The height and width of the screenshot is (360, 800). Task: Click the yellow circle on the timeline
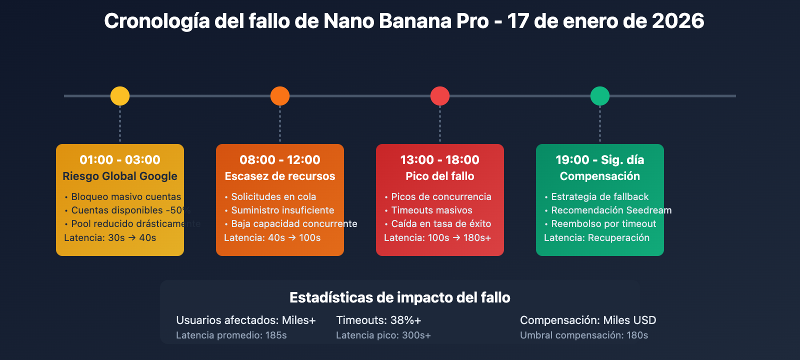pyautogui.click(x=120, y=96)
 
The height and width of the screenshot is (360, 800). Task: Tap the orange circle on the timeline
pyautogui.click(x=280, y=96)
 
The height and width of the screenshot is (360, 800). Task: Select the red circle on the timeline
pyautogui.click(x=440, y=96)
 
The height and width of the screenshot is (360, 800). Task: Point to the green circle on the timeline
pyautogui.click(x=600, y=96)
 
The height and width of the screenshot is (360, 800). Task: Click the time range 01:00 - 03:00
pyautogui.click(x=120, y=160)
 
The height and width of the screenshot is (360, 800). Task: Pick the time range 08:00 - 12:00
pyautogui.click(x=280, y=160)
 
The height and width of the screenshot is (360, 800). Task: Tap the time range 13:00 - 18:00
pyautogui.click(x=440, y=160)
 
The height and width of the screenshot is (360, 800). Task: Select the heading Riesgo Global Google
pyautogui.click(x=120, y=176)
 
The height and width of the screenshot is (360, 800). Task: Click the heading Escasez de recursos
pyautogui.click(x=280, y=176)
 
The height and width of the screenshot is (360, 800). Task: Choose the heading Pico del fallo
pyautogui.click(x=440, y=176)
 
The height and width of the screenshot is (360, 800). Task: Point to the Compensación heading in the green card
pyautogui.click(x=600, y=176)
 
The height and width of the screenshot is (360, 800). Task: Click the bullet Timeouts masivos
pyautogui.click(x=431, y=210)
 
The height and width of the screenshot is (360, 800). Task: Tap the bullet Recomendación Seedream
pyautogui.click(x=611, y=210)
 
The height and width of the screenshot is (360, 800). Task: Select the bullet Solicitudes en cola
pyautogui.click(x=273, y=197)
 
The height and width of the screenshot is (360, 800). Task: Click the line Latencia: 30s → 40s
pyautogui.click(x=110, y=238)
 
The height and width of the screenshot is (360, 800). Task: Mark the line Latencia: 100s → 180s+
pyautogui.click(x=437, y=238)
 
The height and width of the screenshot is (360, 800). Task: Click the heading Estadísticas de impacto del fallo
pyautogui.click(x=400, y=298)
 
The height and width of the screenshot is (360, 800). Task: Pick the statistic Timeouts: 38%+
pyautogui.click(x=378, y=320)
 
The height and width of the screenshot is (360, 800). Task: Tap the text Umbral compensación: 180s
pyautogui.click(x=584, y=335)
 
